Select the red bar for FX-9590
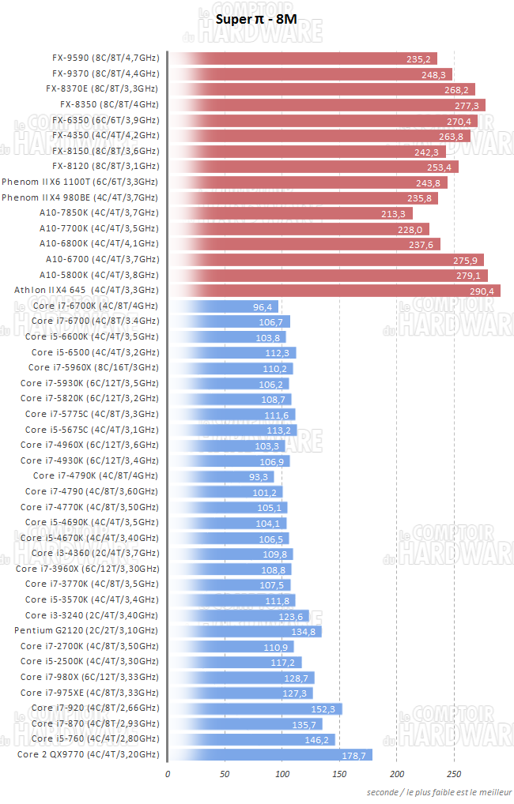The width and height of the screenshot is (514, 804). [313, 58]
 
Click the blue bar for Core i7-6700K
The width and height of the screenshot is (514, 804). [222, 306]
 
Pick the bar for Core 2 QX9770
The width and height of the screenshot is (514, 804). [270, 754]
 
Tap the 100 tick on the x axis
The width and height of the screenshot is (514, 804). [282, 773]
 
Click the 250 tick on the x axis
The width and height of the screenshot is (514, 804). [454, 773]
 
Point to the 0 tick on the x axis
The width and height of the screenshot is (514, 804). [168, 773]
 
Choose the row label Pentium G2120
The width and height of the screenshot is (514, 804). [86, 630]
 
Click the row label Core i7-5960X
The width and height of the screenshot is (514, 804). [93, 368]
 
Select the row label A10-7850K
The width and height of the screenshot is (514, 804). [98, 213]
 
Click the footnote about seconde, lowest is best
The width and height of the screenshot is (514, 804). [438, 791]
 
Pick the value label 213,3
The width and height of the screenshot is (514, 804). [392, 213]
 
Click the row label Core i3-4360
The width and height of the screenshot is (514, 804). [89, 553]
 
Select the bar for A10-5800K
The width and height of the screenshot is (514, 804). [328, 275]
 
